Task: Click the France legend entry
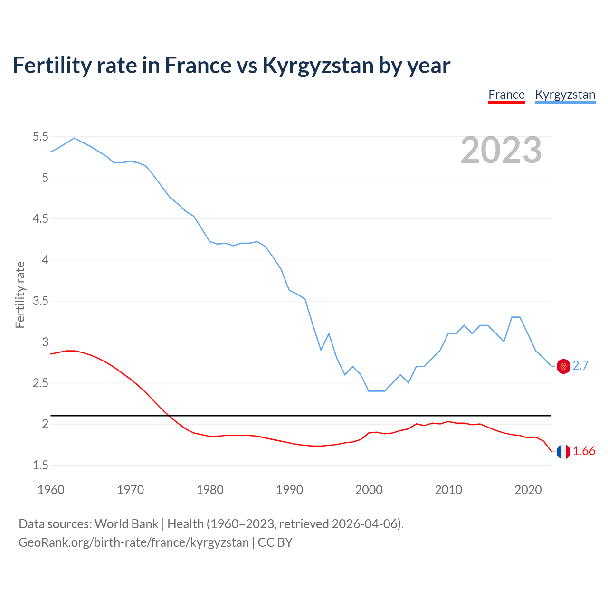point(506,95)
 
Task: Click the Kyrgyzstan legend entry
point(565,95)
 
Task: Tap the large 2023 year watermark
point(501,150)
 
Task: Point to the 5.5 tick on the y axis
point(40,137)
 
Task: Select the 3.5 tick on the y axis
point(40,301)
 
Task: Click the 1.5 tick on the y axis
point(40,465)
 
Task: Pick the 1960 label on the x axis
point(51,490)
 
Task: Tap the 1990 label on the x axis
point(289,490)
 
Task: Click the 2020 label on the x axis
point(528,490)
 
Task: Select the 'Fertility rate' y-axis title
point(20,294)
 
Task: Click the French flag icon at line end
point(563,452)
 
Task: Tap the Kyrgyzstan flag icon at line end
point(563,366)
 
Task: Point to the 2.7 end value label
point(580,365)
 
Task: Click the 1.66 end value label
point(584,451)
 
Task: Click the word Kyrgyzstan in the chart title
point(318,66)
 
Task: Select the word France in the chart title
point(195,66)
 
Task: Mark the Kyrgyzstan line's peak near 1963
point(74,138)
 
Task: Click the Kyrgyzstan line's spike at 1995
point(329,333)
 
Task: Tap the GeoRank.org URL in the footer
point(133,542)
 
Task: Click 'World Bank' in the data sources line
point(126,523)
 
